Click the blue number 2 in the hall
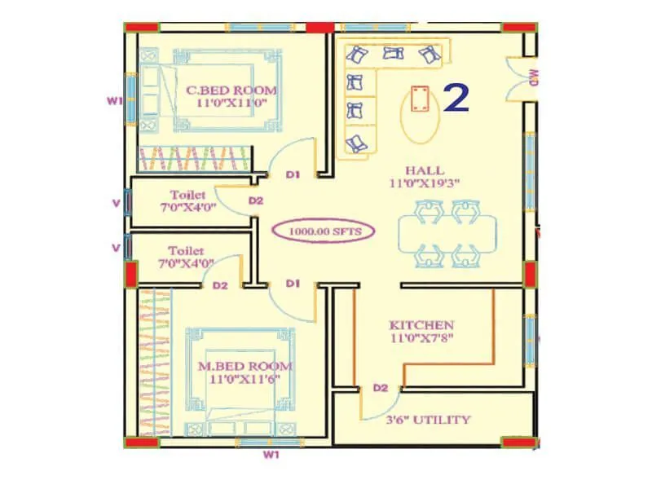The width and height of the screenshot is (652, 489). (456, 98)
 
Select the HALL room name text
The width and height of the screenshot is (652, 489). (425, 170)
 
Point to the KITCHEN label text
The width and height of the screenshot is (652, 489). (421, 324)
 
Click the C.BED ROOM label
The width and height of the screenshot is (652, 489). (231, 90)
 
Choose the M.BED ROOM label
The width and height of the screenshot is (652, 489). (244, 367)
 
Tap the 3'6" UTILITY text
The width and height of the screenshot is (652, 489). (428, 420)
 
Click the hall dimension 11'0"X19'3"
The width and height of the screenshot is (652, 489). (425, 184)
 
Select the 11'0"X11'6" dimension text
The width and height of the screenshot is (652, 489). (244, 381)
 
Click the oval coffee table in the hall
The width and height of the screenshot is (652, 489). (421, 117)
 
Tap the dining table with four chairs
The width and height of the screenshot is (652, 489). (447, 234)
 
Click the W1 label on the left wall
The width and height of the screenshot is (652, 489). (115, 101)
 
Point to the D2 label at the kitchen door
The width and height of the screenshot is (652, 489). (380, 388)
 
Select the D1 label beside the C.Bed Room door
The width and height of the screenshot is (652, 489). (293, 174)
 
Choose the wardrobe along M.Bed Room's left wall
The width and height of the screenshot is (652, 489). (155, 363)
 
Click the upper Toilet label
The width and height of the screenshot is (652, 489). (187, 195)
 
